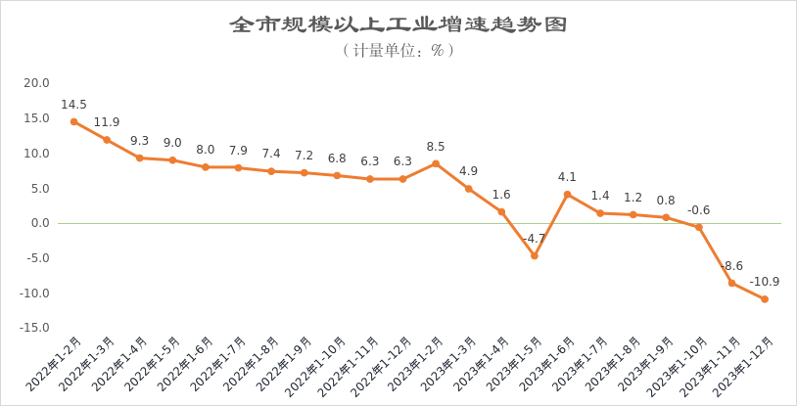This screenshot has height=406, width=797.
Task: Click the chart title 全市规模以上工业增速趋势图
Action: pyautogui.click(x=398, y=24)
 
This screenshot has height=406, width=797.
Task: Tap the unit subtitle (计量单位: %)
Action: pyautogui.click(x=398, y=50)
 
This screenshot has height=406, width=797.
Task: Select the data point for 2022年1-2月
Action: pyautogui.click(x=73, y=121)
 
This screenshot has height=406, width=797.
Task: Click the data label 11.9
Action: pyautogui.click(x=108, y=123)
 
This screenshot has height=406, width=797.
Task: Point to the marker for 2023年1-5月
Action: pyautogui.click(x=535, y=256)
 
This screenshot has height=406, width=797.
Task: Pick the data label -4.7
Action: pyautogui.click(x=533, y=239)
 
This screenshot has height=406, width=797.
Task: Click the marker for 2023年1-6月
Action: pyautogui.click(x=567, y=195)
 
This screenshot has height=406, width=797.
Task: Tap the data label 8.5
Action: pyautogui.click(x=437, y=147)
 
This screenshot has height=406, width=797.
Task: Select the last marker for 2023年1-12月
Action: pyautogui.click(x=765, y=299)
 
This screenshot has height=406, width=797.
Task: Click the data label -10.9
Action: pyautogui.click(x=765, y=282)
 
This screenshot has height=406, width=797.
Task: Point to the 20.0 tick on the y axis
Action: pyautogui.click(x=36, y=83)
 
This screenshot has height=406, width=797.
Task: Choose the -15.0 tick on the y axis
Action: pyautogui.click(x=36, y=328)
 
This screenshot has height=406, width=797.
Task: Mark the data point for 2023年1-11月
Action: pyautogui.click(x=731, y=283)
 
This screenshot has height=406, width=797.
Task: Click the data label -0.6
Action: pyautogui.click(x=698, y=210)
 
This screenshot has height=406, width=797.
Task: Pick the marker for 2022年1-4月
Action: pyautogui.click(x=139, y=158)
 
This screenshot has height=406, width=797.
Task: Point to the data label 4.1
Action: pyautogui.click(x=567, y=177)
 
